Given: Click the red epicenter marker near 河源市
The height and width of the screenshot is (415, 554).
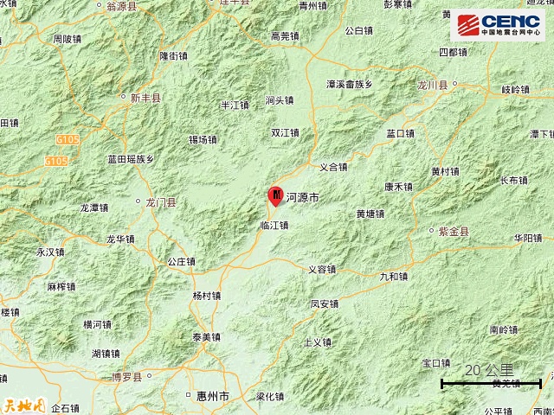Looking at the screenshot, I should click(275, 196).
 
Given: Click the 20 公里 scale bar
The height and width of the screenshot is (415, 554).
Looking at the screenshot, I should click(491, 381).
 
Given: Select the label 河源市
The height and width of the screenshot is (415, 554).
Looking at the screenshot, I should click(302, 198).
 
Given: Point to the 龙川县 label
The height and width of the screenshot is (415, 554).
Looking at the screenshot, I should click(430, 86).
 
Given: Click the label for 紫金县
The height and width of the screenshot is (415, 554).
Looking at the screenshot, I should click(453, 232).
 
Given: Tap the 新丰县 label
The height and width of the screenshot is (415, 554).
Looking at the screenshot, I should click(145, 99).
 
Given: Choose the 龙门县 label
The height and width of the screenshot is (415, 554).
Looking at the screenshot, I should click(160, 202).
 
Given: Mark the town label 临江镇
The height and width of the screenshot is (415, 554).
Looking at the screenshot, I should click(274, 225).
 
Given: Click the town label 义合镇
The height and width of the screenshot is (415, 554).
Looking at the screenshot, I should click(333, 167).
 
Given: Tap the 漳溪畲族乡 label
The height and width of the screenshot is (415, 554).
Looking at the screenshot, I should click(349, 85).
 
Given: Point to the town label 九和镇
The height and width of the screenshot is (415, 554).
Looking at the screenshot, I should click(393, 276).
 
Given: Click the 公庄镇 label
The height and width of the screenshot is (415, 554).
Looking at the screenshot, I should click(183, 260).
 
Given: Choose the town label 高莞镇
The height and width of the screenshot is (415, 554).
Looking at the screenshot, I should click(285, 36).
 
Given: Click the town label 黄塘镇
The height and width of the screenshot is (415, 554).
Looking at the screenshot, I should click(370, 214).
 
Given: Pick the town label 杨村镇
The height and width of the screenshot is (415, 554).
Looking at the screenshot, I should click(206, 295).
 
